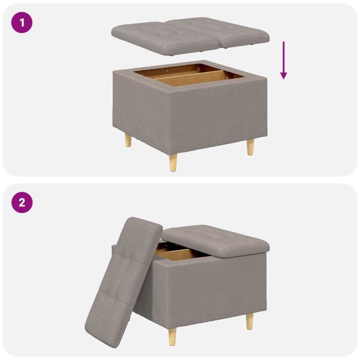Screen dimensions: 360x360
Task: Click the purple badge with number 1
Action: (x=23, y=23)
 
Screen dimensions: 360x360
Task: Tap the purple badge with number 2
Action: (x=23, y=202)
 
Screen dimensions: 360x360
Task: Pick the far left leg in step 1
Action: (x=127, y=140)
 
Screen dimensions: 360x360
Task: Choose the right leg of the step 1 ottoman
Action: (x=250, y=146)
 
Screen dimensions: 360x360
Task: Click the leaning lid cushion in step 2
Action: (x=123, y=276)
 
